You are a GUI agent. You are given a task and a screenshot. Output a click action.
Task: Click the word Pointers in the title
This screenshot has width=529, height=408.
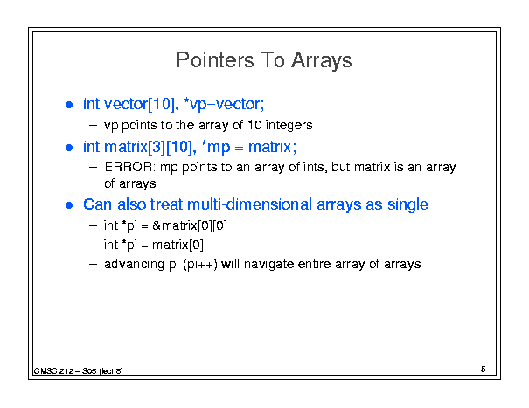(x=215, y=60)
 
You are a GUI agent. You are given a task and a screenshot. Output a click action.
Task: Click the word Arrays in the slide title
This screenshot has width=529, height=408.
(x=322, y=61)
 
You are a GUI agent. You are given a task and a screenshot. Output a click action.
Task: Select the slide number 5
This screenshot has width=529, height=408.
(x=484, y=370)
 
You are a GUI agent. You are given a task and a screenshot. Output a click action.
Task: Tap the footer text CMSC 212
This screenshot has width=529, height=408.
(x=53, y=371)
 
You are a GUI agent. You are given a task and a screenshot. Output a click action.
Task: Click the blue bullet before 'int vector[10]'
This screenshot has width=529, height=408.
(x=69, y=105)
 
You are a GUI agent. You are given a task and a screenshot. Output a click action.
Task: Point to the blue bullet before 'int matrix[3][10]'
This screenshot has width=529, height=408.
(x=69, y=148)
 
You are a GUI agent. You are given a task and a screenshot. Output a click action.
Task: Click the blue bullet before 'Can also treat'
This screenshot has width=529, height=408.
(x=69, y=205)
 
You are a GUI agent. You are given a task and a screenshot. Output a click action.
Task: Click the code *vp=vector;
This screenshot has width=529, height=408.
(x=225, y=104)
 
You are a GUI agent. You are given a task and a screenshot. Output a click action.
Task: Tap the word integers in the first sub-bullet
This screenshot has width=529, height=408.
(x=289, y=125)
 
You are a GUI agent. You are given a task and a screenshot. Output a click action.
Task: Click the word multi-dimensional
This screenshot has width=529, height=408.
(x=249, y=204)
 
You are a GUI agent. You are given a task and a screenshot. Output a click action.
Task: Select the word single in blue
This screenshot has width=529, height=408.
(x=407, y=205)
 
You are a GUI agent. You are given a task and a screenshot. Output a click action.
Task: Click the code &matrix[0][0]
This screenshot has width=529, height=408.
(x=190, y=225)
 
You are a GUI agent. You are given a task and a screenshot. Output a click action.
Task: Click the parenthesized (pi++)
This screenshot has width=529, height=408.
(x=200, y=264)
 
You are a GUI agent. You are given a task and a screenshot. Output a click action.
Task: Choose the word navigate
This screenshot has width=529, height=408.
(x=269, y=264)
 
